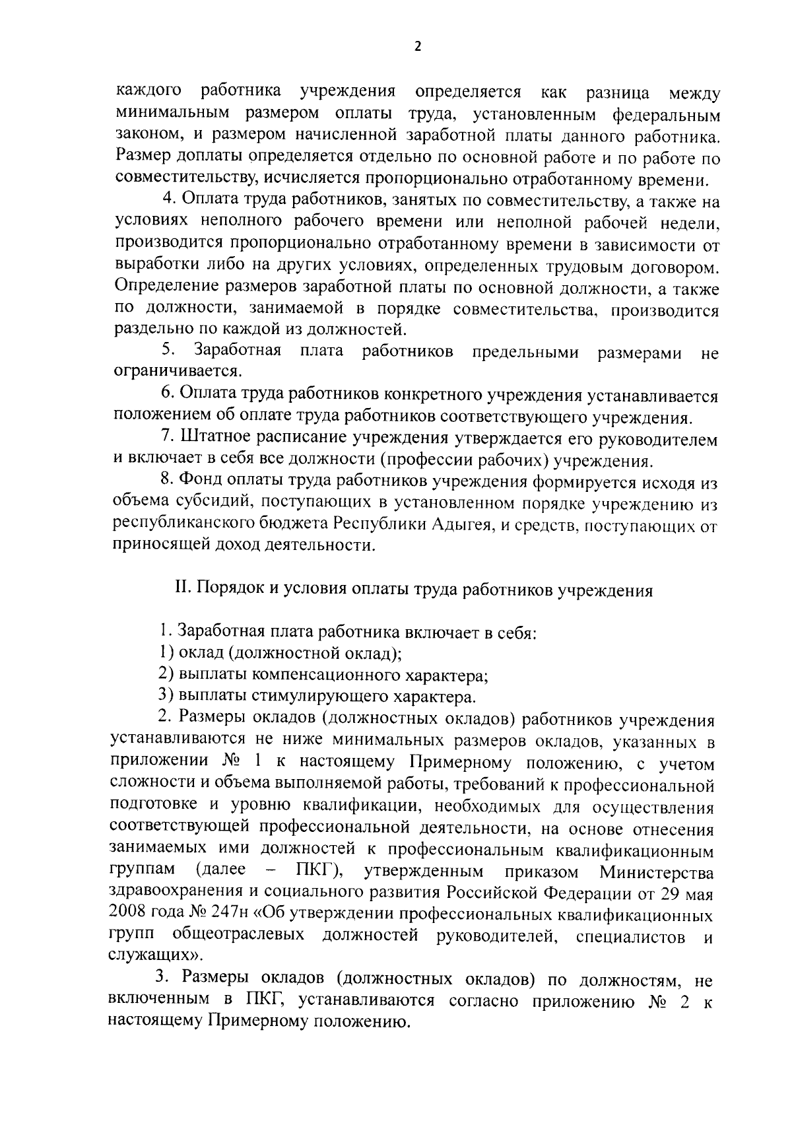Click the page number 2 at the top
point(416,46)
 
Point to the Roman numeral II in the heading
point(181,590)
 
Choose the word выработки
point(151,267)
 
